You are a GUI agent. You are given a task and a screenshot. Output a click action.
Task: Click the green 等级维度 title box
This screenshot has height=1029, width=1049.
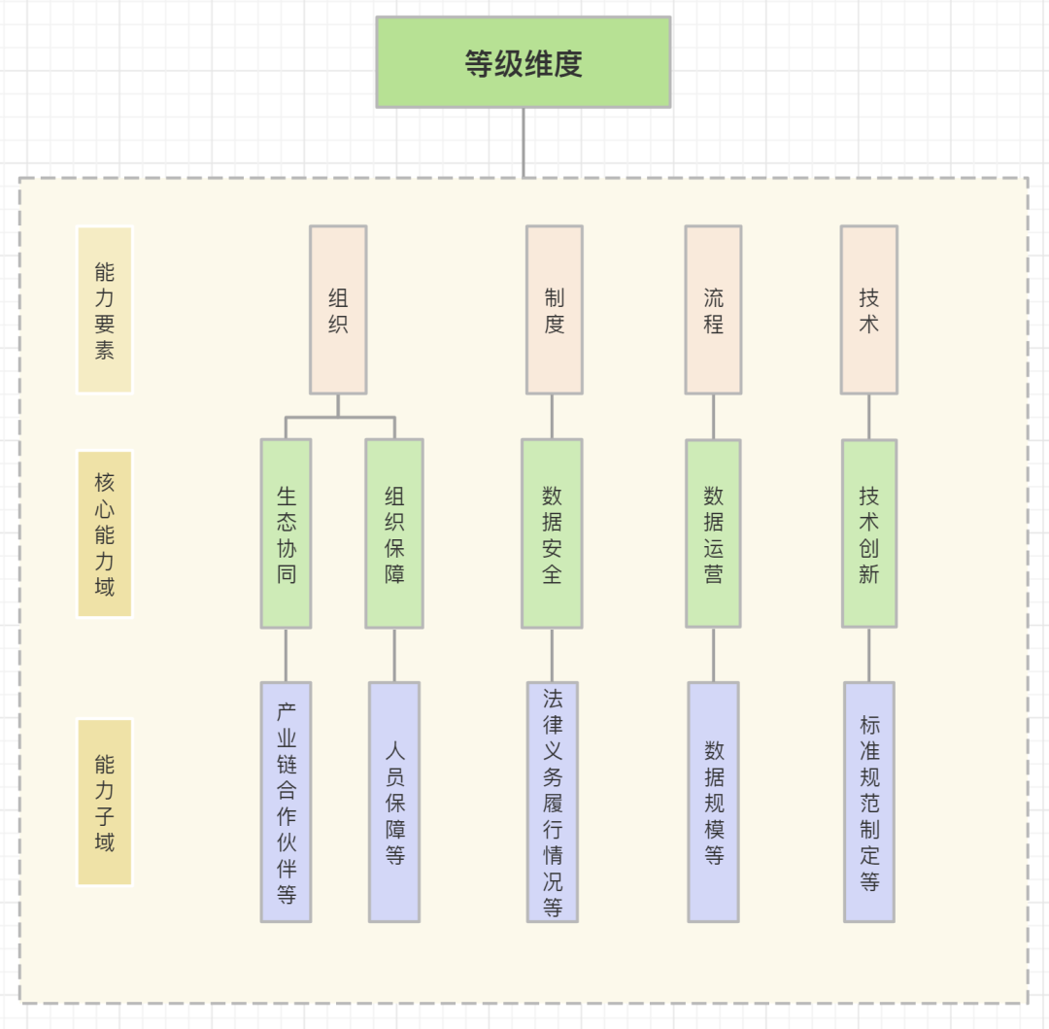coord(524,62)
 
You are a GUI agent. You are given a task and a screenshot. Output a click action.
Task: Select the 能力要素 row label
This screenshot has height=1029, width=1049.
coord(104,310)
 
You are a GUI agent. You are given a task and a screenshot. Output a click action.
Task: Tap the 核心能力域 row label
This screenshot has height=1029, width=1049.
coord(104,533)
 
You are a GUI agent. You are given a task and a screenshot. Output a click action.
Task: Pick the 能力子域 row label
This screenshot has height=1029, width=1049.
coord(104,802)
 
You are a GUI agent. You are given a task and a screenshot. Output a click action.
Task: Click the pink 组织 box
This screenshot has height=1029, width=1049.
coord(338,310)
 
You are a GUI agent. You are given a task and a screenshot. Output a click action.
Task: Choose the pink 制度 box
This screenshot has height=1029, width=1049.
coord(555,310)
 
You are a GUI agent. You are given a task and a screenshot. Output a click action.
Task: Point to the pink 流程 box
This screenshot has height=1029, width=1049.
coord(713,310)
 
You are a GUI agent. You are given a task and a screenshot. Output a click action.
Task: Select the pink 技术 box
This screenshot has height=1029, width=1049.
coord(868,310)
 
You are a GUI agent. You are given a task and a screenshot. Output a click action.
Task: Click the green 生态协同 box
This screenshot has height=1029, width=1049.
coord(286,533)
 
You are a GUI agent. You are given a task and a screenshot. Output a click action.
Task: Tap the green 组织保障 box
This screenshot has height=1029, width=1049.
coord(394,533)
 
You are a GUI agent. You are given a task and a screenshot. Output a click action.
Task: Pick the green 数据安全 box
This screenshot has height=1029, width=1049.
coord(552,533)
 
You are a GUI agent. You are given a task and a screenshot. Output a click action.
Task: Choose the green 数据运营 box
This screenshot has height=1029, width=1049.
coord(713,533)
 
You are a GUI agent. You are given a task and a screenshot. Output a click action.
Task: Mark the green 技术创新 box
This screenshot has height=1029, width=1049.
coord(868,533)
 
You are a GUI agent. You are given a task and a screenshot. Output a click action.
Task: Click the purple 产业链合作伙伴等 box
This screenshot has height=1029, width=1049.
coord(286,802)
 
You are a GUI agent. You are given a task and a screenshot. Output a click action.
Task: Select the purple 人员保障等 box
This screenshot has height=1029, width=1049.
coord(394,802)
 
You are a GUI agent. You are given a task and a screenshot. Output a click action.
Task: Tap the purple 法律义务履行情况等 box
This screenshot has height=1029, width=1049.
coord(552,802)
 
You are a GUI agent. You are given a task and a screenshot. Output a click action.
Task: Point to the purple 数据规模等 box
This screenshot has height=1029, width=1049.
coord(713,802)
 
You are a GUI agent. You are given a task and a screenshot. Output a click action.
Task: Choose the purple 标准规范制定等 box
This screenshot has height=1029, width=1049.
coord(868,802)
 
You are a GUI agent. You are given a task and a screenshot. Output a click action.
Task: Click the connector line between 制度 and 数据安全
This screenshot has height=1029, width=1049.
coord(552,416)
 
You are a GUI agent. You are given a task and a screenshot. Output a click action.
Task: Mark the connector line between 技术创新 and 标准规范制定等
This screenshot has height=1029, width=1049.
coord(868,655)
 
